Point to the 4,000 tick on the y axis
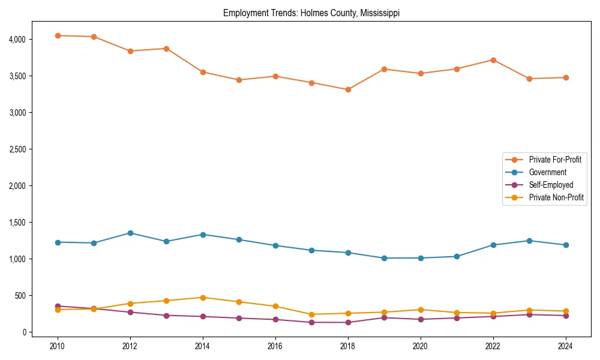[17, 40]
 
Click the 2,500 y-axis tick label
[17, 149]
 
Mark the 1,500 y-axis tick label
[17, 223]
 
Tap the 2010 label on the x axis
[58, 346]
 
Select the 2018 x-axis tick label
[348, 346]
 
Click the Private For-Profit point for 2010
[58, 35]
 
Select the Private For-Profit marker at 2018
[348, 89]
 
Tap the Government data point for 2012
[130, 233]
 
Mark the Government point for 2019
[385, 258]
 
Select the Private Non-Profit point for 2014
[203, 298]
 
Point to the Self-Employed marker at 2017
[311, 322]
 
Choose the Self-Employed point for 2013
[166, 315]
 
